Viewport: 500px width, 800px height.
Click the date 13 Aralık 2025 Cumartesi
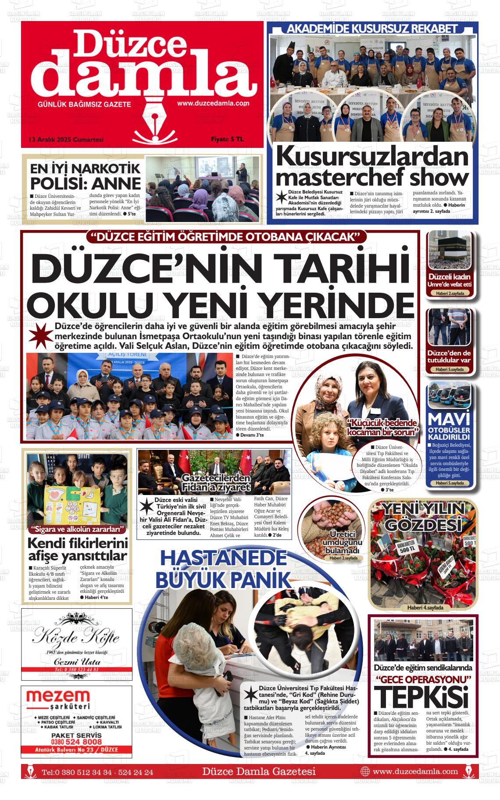click(x=65, y=140)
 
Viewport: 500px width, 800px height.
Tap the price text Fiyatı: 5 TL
click(x=227, y=140)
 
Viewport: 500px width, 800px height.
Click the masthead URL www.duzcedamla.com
click(x=213, y=104)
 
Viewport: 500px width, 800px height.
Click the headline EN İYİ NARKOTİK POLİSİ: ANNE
click(x=85, y=176)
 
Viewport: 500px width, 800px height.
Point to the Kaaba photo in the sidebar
click(x=449, y=250)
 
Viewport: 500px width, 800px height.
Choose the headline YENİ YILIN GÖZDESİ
click(x=423, y=516)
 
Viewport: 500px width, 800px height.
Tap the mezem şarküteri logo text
click(x=58, y=700)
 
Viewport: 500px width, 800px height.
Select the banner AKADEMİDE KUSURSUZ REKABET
click(x=372, y=29)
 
